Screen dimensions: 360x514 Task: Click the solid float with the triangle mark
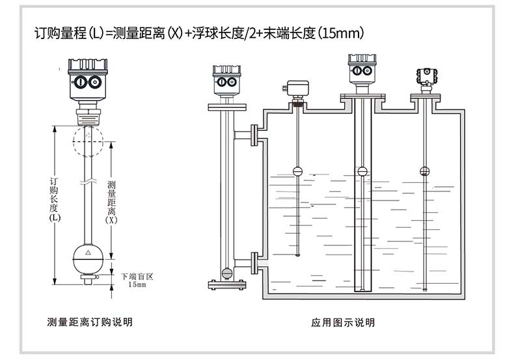click(x=87, y=256)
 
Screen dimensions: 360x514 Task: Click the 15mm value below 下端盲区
click(x=137, y=284)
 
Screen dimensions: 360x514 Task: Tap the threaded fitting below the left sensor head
click(x=87, y=117)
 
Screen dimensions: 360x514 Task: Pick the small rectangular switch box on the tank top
click(x=298, y=87)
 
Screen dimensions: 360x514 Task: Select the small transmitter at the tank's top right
click(x=425, y=76)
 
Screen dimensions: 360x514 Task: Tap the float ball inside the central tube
click(x=362, y=171)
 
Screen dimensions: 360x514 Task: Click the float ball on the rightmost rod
click(x=425, y=171)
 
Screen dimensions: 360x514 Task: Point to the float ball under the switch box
click(x=298, y=171)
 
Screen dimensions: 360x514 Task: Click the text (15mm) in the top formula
click(x=338, y=32)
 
